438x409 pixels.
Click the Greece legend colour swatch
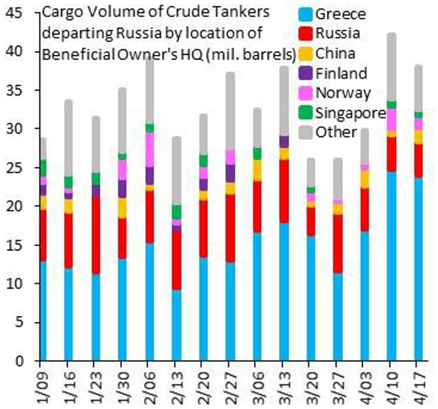(306, 14)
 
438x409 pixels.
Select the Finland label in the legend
(341, 73)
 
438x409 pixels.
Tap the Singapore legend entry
(350, 113)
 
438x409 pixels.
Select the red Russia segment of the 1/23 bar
(96, 235)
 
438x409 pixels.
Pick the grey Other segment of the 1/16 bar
(68, 137)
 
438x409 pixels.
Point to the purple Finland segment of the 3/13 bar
(284, 141)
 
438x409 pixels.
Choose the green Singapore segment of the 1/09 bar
(43, 168)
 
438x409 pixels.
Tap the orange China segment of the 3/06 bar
(257, 170)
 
